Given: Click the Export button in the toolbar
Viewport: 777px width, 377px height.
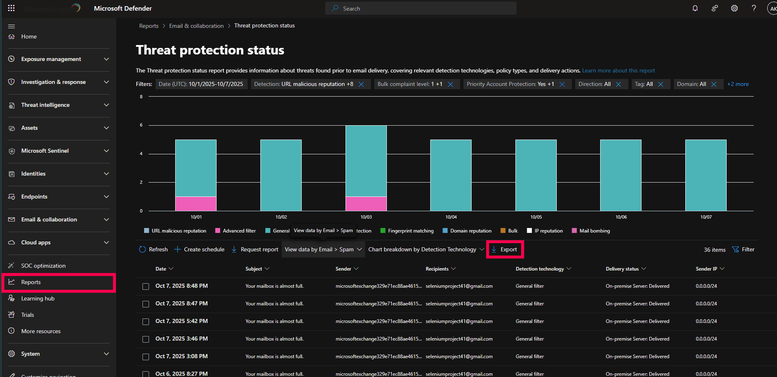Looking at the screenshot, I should point(504,249).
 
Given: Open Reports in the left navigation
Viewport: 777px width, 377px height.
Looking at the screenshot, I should point(31,282).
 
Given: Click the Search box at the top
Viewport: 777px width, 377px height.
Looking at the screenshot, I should point(421,9).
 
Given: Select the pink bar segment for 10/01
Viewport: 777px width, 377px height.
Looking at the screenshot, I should point(196,204).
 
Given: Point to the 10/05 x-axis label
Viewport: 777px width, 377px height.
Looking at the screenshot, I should point(536,217).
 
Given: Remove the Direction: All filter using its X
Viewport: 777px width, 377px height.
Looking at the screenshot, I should point(619,84).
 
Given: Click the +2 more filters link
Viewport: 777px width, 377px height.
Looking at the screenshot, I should point(738,84).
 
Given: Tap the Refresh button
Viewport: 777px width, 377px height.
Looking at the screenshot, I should point(154,249).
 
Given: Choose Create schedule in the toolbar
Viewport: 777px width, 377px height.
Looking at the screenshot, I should point(199,249).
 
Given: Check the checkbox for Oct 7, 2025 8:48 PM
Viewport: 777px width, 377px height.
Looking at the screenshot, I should point(146,287).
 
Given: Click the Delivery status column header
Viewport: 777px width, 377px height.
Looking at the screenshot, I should point(622,269).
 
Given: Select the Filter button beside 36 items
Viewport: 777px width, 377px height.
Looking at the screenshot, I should point(743,249).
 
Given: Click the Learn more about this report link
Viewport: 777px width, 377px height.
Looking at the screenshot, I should point(618,71).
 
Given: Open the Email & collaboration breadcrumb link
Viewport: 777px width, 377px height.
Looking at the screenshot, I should point(196,26).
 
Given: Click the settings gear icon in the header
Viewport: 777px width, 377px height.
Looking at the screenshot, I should point(734,9).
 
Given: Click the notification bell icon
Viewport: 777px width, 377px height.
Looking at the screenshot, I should point(695,9).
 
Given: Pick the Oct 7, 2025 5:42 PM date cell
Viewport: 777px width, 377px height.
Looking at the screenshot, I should point(181,321).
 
